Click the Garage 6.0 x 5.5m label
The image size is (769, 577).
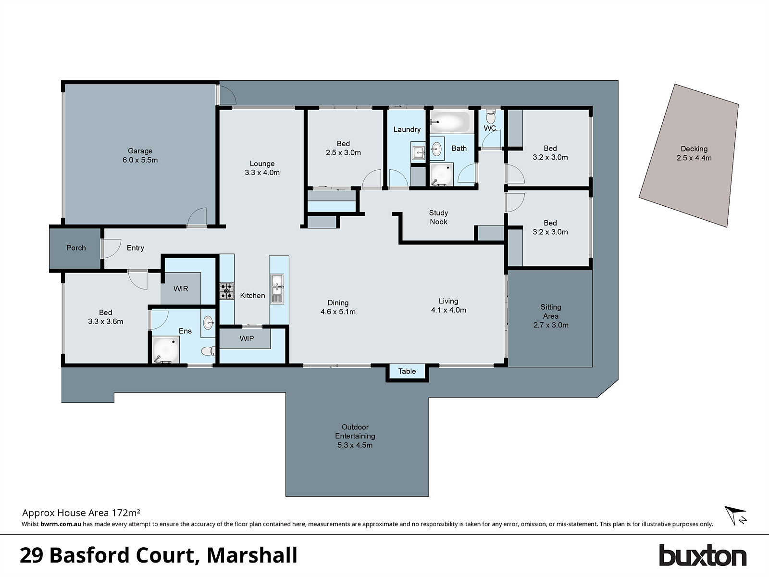click(140, 155)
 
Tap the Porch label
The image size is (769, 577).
click(76, 248)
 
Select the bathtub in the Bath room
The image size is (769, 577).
click(449, 122)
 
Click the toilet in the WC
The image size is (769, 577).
click(491, 116)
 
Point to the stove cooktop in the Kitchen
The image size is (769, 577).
click(227, 291)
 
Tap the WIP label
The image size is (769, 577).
click(247, 339)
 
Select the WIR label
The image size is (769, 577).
click(181, 288)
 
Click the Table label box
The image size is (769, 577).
click(407, 371)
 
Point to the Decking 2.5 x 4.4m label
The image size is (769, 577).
click(694, 153)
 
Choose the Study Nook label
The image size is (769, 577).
click(438, 217)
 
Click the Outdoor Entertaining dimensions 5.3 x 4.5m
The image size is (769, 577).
click(355, 445)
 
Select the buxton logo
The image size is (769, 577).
click(702, 556)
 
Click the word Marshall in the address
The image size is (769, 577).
click(252, 555)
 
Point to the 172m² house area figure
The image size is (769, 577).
click(126, 513)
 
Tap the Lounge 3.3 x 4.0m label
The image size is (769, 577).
click(262, 168)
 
